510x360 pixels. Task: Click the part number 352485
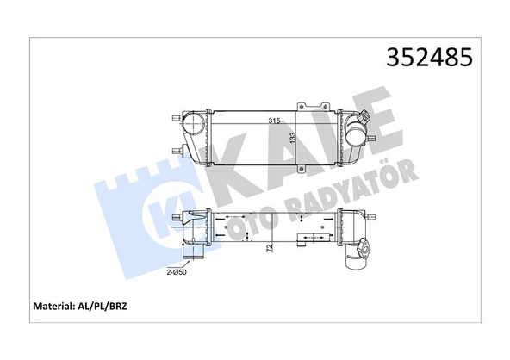point(426,59)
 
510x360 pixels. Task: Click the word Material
point(57,306)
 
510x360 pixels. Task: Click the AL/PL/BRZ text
point(116,306)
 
